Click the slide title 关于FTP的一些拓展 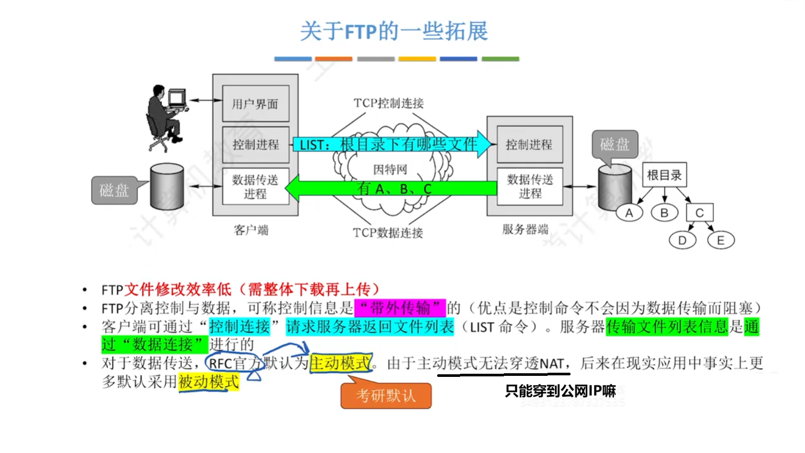[x=394, y=31]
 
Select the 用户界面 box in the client [x=255, y=104]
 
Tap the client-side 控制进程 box [x=255, y=144]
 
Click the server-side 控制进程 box [x=529, y=144]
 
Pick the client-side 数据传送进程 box [x=255, y=186]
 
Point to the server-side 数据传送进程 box [x=529, y=186]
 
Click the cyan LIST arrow [x=391, y=144]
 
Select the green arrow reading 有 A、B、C [x=391, y=188]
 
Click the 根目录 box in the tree [x=664, y=175]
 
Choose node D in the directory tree [x=682, y=240]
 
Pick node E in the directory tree [x=721, y=240]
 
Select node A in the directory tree [x=629, y=213]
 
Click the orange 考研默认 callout [x=386, y=396]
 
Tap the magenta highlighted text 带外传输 [x=400, y=308]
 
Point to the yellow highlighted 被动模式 [x=208, y=382]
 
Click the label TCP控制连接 [x=389, y=103]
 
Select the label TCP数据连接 [x=388, y=232]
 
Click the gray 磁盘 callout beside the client [x=115, y=190]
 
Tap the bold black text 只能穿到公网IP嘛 [x=560, y=391]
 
